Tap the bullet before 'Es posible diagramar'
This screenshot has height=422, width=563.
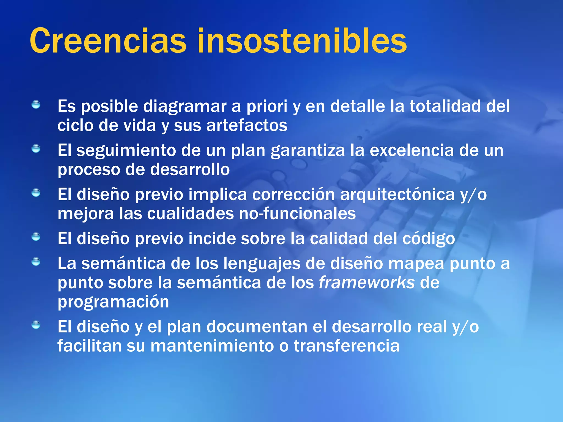(x=36, y=105)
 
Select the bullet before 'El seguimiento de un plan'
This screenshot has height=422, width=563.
(x=36, y=149)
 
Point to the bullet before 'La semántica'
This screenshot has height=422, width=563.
(x=36, y=262)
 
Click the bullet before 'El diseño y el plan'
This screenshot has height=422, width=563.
(x=36, y=325)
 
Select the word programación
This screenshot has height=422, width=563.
(x=113, y=302)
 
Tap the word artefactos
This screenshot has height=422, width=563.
(x=247, y=126)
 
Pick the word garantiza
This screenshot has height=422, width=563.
(x=308, y=151)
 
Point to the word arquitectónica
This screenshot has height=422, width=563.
(x=397, y=195)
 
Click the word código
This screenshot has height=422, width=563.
(x=429, y=239)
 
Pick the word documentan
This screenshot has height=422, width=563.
(x=257, y=327)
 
